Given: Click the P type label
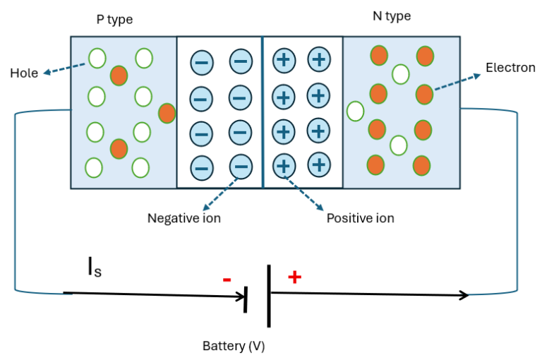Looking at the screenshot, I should (x=114, y=19).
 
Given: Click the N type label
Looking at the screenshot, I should (x=391, y=16).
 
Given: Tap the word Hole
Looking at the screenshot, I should (x=24, y=73).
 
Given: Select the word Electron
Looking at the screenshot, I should (x=510, y=68).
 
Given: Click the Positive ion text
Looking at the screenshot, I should (x=360, y=218).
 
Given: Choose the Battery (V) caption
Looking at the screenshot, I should (x=234, y=346).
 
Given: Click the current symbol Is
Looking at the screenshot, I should (x=95, y=268).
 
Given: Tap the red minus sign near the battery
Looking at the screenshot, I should (x=227, y=280).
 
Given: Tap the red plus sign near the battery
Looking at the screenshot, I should (x=294, y=277).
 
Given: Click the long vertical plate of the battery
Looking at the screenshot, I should (x=269, y=296).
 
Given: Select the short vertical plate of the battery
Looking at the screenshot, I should (x=246, y=299).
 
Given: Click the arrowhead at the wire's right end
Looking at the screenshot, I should (x=464, y=295).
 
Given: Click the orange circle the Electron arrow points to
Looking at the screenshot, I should (x=424, y=93).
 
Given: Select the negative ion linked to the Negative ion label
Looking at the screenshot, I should (x=241, y=167).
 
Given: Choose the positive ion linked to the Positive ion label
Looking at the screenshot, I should (x=284, y=166).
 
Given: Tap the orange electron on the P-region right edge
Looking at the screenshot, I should (x=167, y=113).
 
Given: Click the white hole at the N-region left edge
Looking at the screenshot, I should (x=356, y=111).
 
